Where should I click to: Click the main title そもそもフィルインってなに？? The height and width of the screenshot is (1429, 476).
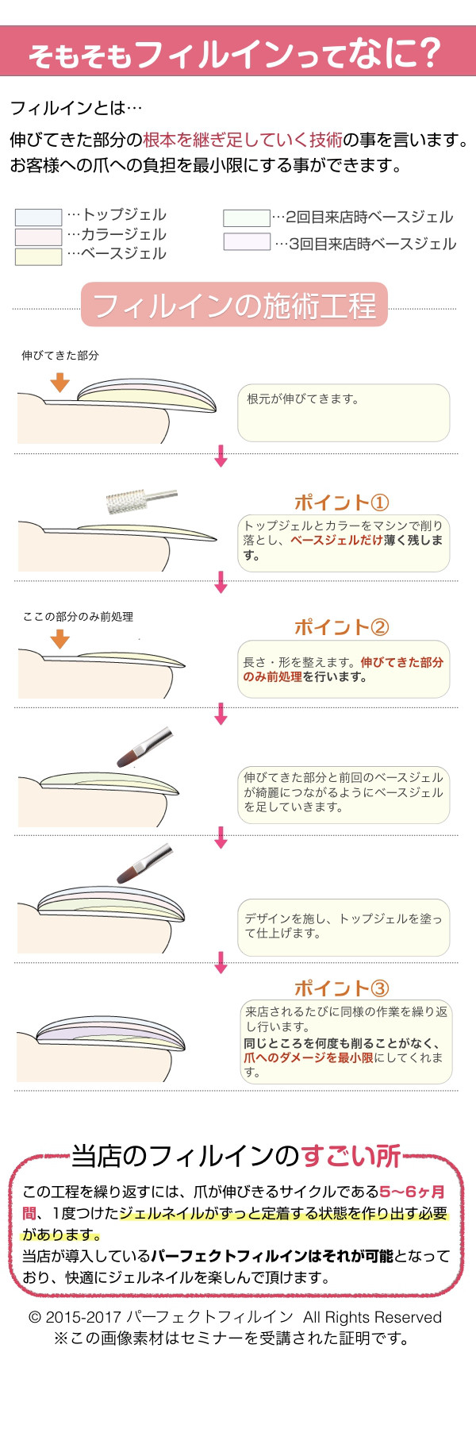(x=235, y=53)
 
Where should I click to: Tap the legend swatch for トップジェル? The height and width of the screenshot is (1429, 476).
(x=38, y=217)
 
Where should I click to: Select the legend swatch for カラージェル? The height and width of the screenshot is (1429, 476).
(x=38, y=237)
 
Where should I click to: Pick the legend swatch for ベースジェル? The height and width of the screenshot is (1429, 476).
(x=38, y=256)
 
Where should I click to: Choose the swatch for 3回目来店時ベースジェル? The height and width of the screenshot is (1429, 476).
(x=247, y=242)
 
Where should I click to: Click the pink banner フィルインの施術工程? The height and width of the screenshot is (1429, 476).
(x=234, y=305)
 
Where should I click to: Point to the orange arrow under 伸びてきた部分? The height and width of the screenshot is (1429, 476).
(x=59, y=383)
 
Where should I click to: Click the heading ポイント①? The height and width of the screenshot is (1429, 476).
(x=341, y=503)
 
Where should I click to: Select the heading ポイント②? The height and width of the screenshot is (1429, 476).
(x=341, y=627)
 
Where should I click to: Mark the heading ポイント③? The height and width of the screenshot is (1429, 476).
(x=341, y=988)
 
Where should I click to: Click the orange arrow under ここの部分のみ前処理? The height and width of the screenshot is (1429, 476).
(x=59, y=639)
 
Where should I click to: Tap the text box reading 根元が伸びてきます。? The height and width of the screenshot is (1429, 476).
(x=343, y=412)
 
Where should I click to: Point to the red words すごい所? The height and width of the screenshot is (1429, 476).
(x=351, y=1156)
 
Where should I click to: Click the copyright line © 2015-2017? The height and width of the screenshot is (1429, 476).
(x=235, y=1317)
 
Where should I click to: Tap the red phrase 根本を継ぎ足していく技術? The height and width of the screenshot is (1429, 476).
(x=242, y=140)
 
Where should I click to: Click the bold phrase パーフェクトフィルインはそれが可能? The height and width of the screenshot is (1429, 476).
(x=271, y=1256)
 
